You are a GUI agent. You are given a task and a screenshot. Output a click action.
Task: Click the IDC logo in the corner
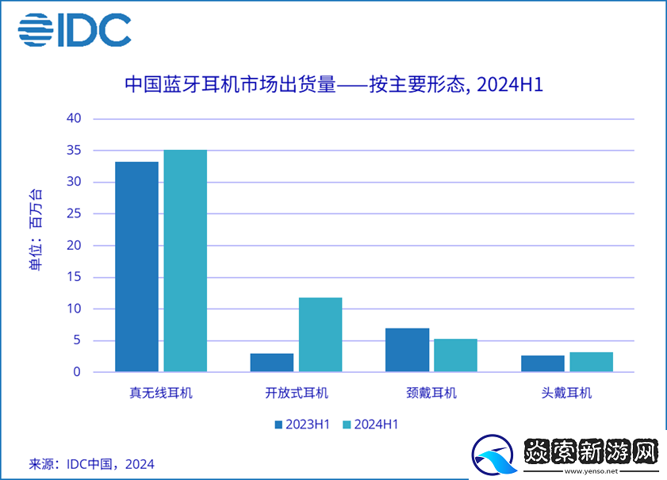coord(75,30)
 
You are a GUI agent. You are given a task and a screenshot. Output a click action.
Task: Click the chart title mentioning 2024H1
coord(333,85)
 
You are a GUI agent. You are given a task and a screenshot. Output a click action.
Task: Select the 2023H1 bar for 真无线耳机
coord(136,267)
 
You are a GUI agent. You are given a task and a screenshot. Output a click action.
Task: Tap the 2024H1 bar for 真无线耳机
coord(186,260)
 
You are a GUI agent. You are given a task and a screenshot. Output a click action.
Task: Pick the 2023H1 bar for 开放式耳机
coord(272,363)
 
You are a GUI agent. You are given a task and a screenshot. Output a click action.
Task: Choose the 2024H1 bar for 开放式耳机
coord(320,334)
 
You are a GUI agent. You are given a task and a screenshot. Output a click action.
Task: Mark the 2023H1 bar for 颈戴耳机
coord(407,350)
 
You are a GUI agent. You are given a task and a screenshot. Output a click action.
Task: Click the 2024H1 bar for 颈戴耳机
coord(455,355)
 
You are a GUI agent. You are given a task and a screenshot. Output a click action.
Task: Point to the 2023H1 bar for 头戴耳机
coord(542,363)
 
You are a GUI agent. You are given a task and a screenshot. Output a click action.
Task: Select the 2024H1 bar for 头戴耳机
coord(591,362)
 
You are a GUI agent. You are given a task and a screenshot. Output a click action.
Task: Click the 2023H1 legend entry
coord(302,424)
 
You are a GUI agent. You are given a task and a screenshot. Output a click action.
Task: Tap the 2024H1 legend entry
coord(370,424)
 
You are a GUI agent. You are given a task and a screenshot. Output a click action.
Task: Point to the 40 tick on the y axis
coord(74,119)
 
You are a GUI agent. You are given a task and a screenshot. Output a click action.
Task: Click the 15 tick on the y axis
coord(74,278)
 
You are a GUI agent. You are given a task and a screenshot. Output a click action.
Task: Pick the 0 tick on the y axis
coord(77,372)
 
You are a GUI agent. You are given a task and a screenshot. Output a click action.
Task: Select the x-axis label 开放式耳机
coord(296,393)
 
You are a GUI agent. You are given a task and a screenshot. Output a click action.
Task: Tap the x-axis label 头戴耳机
coord(566,393)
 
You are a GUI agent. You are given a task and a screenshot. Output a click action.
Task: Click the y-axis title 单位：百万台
coord(36,230)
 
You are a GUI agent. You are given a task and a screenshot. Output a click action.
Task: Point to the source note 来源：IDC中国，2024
coord(91,464)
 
